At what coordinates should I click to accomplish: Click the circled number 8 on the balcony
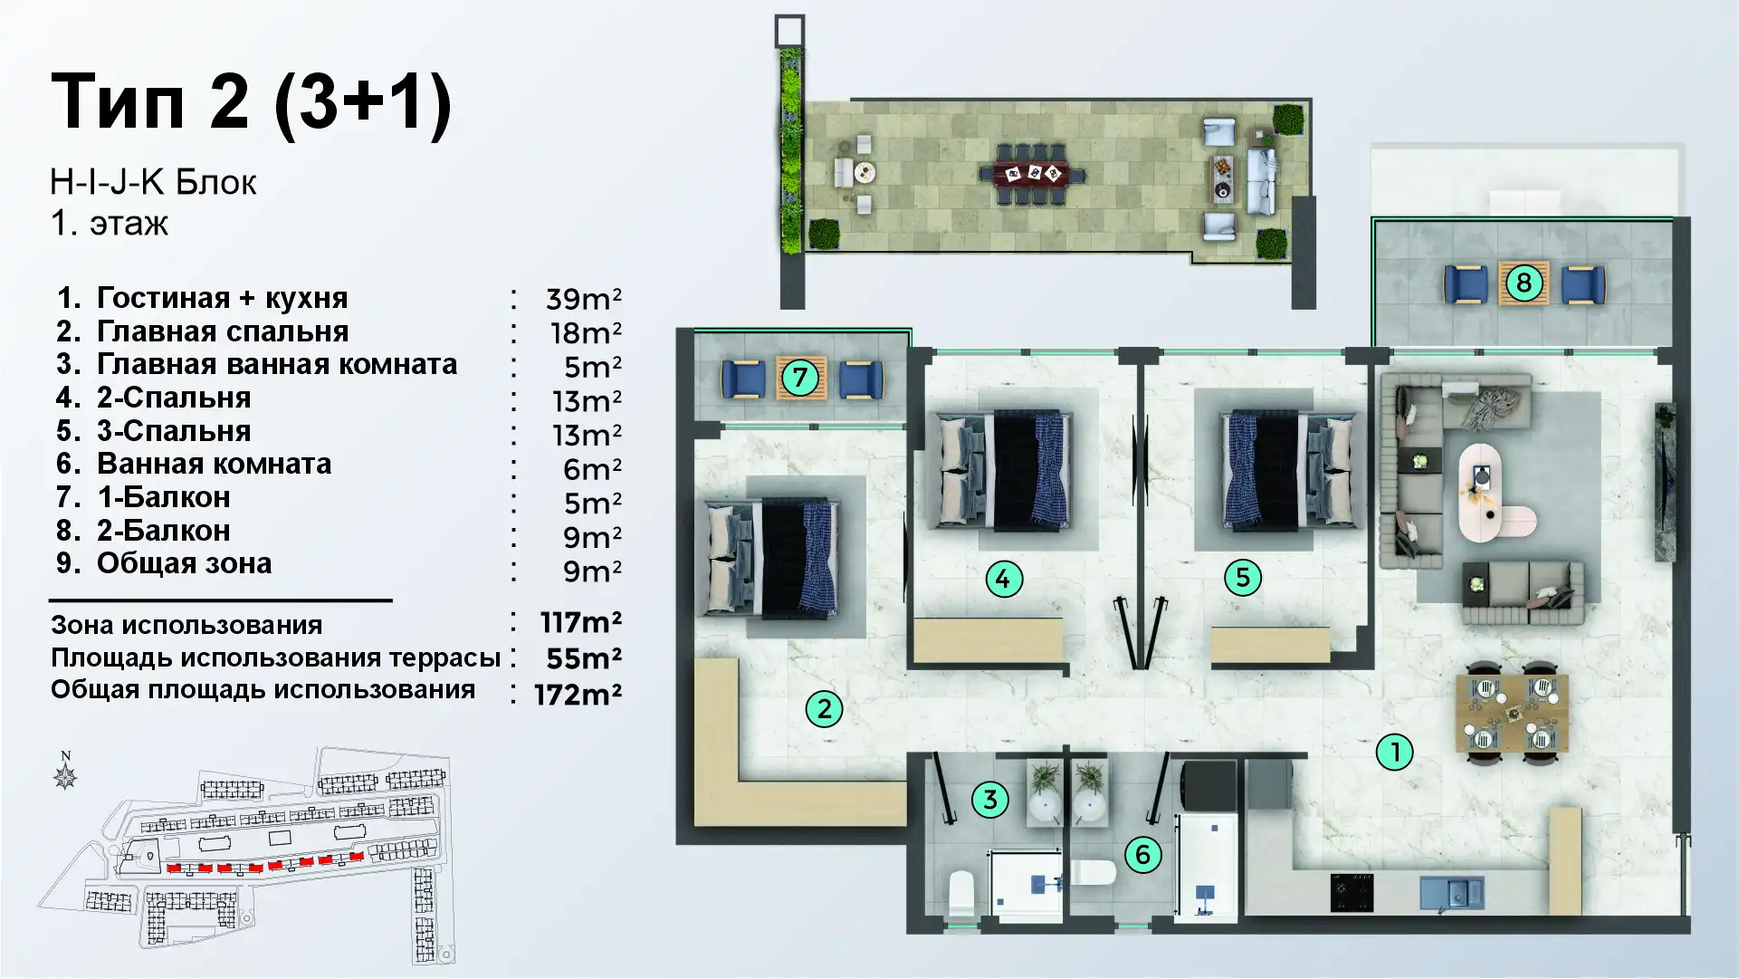pyautogui.click(x=1524, y=283)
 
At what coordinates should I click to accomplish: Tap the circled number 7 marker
pyautogui.click(x=799, y=377)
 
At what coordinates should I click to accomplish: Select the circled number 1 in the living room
pyautogui.click(x=1395, y=752)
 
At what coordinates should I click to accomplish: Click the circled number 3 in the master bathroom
pyautogui.click(x=990, y=800)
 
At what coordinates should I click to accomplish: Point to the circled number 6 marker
pyautogui.click(x=1142, y=854)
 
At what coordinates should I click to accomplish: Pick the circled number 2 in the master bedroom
pyautogui.click(x=824, y=709)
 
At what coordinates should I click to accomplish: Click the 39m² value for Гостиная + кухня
pyautogui.click(x=584, y=299)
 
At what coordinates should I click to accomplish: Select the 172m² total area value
pyautogui.click(x=578, y=695)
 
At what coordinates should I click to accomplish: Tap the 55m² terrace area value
pyautogui.click(x=584, y=658)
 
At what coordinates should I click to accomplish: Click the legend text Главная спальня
pyautogui.click(x=223, y=331)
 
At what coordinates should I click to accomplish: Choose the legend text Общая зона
pyautogui.click(x=185, y=563)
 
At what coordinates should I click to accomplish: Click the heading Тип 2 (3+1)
pyautogui.click(x=252, y=101)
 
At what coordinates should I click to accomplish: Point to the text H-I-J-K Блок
pyautogui.click(x=154, y=183)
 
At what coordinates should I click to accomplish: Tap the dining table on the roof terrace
pyautogui.click(x=1032, y=173)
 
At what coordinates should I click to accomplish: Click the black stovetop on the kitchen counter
pyautogui.click(x=1352, y=891)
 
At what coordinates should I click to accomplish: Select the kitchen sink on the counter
pyautogui.click(x=1451, y=891)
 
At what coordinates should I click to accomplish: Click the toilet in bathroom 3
pyautogui.click(x=961, y=894)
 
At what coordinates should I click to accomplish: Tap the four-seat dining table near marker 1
pyautogui.click(x=1512, y=713)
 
